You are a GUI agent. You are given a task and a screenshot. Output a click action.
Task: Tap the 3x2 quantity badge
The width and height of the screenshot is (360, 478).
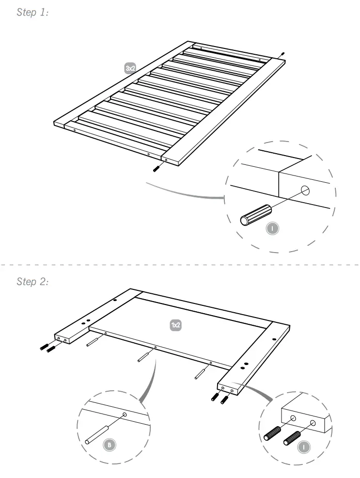coord(130,69)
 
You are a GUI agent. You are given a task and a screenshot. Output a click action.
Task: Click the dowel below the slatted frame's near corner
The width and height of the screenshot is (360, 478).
coord(157,168)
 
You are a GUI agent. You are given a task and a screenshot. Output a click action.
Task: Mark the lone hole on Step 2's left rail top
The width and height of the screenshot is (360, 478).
coord(115,301)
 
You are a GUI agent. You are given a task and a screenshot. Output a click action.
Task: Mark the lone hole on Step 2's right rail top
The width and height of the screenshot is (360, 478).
coord(274,339)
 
